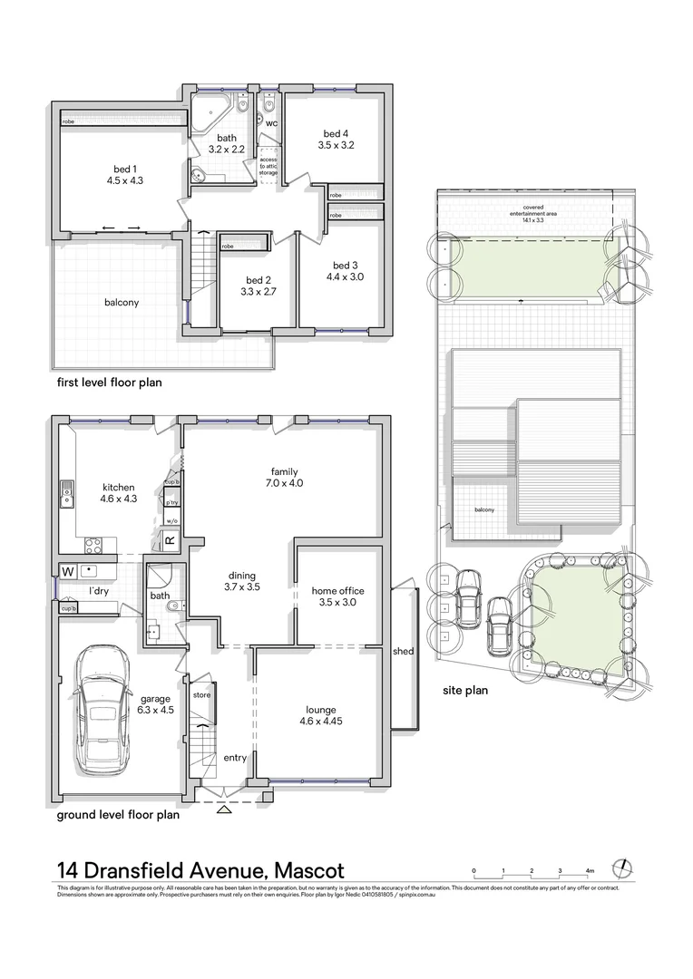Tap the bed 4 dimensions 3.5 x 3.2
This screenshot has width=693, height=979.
pos(336,144)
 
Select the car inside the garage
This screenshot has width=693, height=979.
pos(103,709)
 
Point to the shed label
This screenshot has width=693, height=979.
pos(403,651)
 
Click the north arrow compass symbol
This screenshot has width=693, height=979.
pos(621,867)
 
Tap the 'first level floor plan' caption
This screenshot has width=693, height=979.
pos(109,383)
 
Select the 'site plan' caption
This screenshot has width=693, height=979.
pos(465,690)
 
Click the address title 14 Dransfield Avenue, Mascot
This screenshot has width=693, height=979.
pos(200,871)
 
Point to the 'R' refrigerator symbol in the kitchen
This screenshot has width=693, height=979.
pos(169,541)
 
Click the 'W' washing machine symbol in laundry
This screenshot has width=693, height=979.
pos(67,571)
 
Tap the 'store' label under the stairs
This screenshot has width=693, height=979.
pos(201,695)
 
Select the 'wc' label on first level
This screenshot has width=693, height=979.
pos(270,122)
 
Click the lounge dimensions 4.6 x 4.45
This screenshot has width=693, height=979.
pos(321,722)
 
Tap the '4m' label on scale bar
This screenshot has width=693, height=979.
pos(590,870)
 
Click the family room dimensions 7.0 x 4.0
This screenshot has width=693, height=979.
pos(284,483)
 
